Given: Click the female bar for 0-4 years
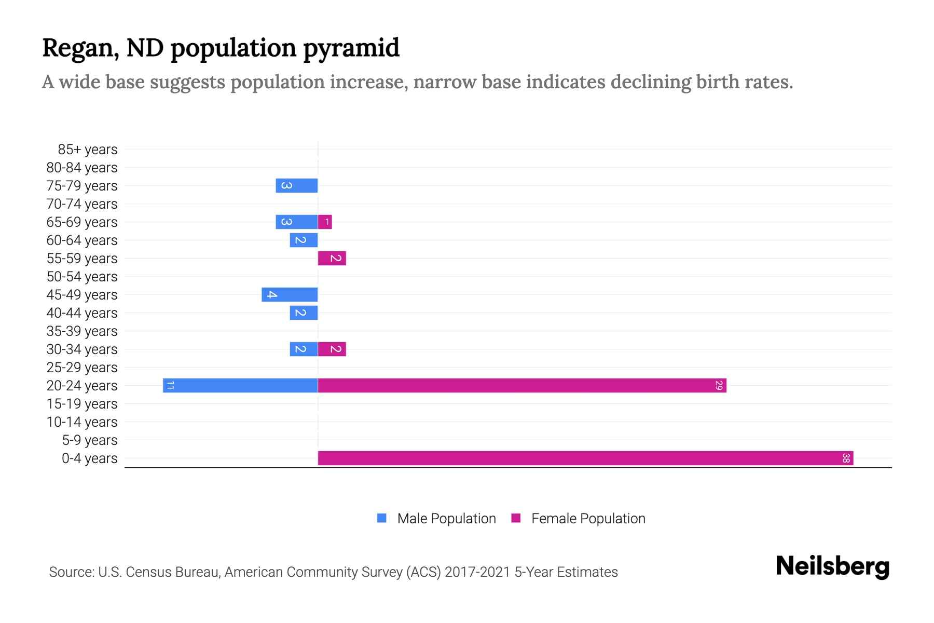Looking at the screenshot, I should (x=585, y=458).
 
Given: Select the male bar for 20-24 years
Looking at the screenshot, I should (x=240, y=385).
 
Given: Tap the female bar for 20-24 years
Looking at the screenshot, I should (x=522, y=385).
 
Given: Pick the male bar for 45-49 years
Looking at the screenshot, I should (x=290, y=294).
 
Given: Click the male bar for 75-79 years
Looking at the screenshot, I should (x=297, y=185).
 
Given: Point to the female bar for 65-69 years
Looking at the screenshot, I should (x=325, y=222).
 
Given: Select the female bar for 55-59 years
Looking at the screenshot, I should (x=332, y=258).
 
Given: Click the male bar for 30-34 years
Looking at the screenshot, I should (x=304, y=349).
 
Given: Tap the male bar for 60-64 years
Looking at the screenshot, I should (x=304, y=240).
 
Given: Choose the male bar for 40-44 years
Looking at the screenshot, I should (x=304, y=313).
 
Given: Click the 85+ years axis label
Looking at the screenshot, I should (x=87, y=150).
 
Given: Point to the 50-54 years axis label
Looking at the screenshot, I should (x=82, y=277).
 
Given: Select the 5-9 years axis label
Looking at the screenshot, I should (x=89, y=440).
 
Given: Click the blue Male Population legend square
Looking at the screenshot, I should (x=382, y=518).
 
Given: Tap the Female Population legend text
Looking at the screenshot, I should (x=588, y=518).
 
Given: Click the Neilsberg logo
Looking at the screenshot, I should (x=832, y=566).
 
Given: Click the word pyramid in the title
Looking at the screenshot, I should (x=351, y=48).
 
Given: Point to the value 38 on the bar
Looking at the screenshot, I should (x=846, y=458).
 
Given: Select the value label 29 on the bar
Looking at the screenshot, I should (x=719, y=385).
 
